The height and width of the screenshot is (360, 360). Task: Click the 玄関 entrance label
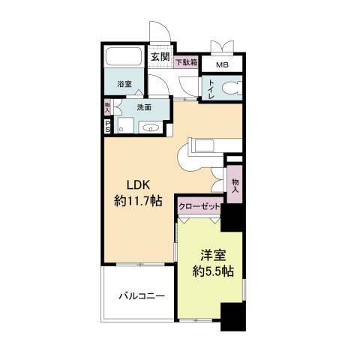pyautogui.click(x=160, y=57)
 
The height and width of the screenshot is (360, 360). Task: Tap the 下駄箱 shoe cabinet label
pyautogui.click(x=187, y=61)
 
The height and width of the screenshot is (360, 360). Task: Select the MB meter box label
pyautogui.click(x=222, y=65)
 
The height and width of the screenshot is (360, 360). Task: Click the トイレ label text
pyautogui.click(x=211, y=89)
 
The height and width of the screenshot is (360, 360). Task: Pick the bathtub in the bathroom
pyautogui.click(x=124, y=56)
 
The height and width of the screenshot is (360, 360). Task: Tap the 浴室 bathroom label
pyautogui.click(x=124, y=84)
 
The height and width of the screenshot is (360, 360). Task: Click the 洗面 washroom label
pyautogui.click(x=144, y=107)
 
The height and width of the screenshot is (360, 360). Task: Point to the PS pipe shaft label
pyautogui.click(x=107, y=126)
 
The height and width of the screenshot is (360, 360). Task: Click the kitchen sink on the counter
pyautogui.click(x=205, y=145)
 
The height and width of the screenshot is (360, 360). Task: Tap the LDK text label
pyautogui.click(x=138, y=185)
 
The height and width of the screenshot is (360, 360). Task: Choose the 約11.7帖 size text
pyautogui.click(x=138, y=201)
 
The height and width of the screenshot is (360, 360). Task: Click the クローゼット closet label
pyautogui.click(x=199, y=206)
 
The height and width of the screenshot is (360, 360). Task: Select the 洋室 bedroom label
pyautogui.click(x=213, y=255)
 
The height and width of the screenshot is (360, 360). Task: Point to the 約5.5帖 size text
pyautogui.click(x=213, y=271)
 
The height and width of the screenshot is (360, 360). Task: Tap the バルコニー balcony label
pyautogui.click(x=142, y=296)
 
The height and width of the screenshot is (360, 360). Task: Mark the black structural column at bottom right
pyautogui.click(x=233, y=316)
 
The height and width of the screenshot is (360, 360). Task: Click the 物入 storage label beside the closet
pyautogui.click(x=235, y=185)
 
